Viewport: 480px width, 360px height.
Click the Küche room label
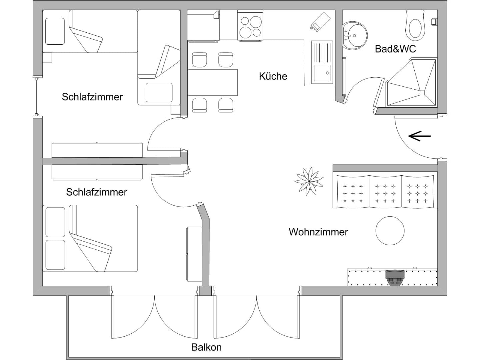(x=273, y=76)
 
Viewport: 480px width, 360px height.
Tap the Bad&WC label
(x=395, y=49)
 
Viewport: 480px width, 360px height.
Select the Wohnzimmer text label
(x=318, y=232)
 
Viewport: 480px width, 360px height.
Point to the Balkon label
(x=206, y=347)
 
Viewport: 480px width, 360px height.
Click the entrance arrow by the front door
(x=420, y=136)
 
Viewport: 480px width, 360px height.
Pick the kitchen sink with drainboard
(x=322, y=62)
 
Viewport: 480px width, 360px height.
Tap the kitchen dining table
(x=213, y=82)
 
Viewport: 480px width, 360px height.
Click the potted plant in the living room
(x=309, y=181)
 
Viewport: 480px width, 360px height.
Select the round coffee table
(x=390, y=231)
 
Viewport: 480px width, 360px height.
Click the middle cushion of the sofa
(x=385, y=191)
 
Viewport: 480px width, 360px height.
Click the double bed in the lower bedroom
(x=90, y=238)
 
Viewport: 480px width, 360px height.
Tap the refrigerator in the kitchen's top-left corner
(x=203, y=25)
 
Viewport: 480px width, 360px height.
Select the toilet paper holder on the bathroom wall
(x=434, y=21)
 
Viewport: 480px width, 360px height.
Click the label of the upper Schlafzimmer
(x=92, y=97)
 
